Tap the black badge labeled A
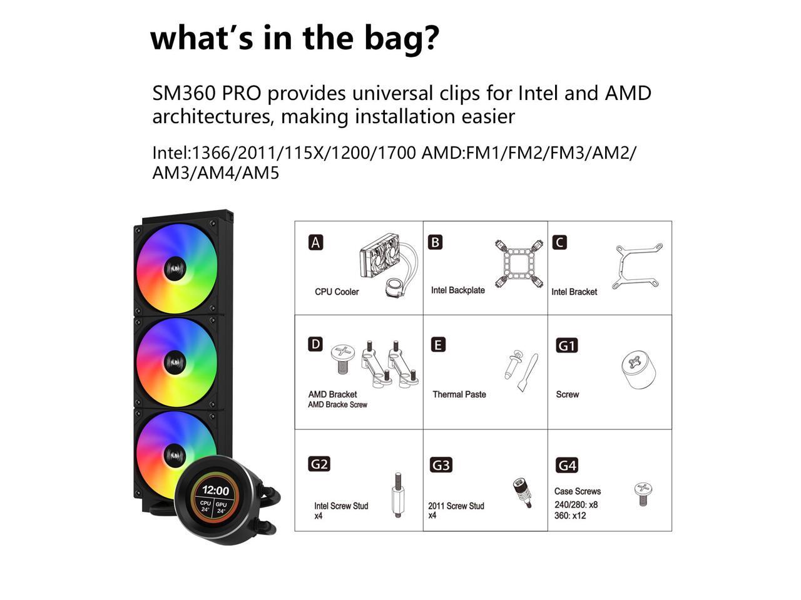[x=316, y=242]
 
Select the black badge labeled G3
[x=441, y=465]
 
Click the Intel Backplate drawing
[x=519, y=263]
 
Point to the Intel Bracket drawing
[x=638, y=266]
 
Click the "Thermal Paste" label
[x=459, y=394]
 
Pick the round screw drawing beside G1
[x=638, y=370]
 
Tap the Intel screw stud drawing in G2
[x=397, y=495]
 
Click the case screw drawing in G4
[x=643, y=494]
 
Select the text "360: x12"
[x=570, y=516]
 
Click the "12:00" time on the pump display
[x=215, y=491]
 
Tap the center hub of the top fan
[x=175, y=269]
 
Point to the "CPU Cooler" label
[x=337, y=292]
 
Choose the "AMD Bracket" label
[x=332, y=394]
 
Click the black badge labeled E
[x=439, y=344]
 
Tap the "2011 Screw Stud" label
[x=456, y=506]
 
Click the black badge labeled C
[x=559, y=242]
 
